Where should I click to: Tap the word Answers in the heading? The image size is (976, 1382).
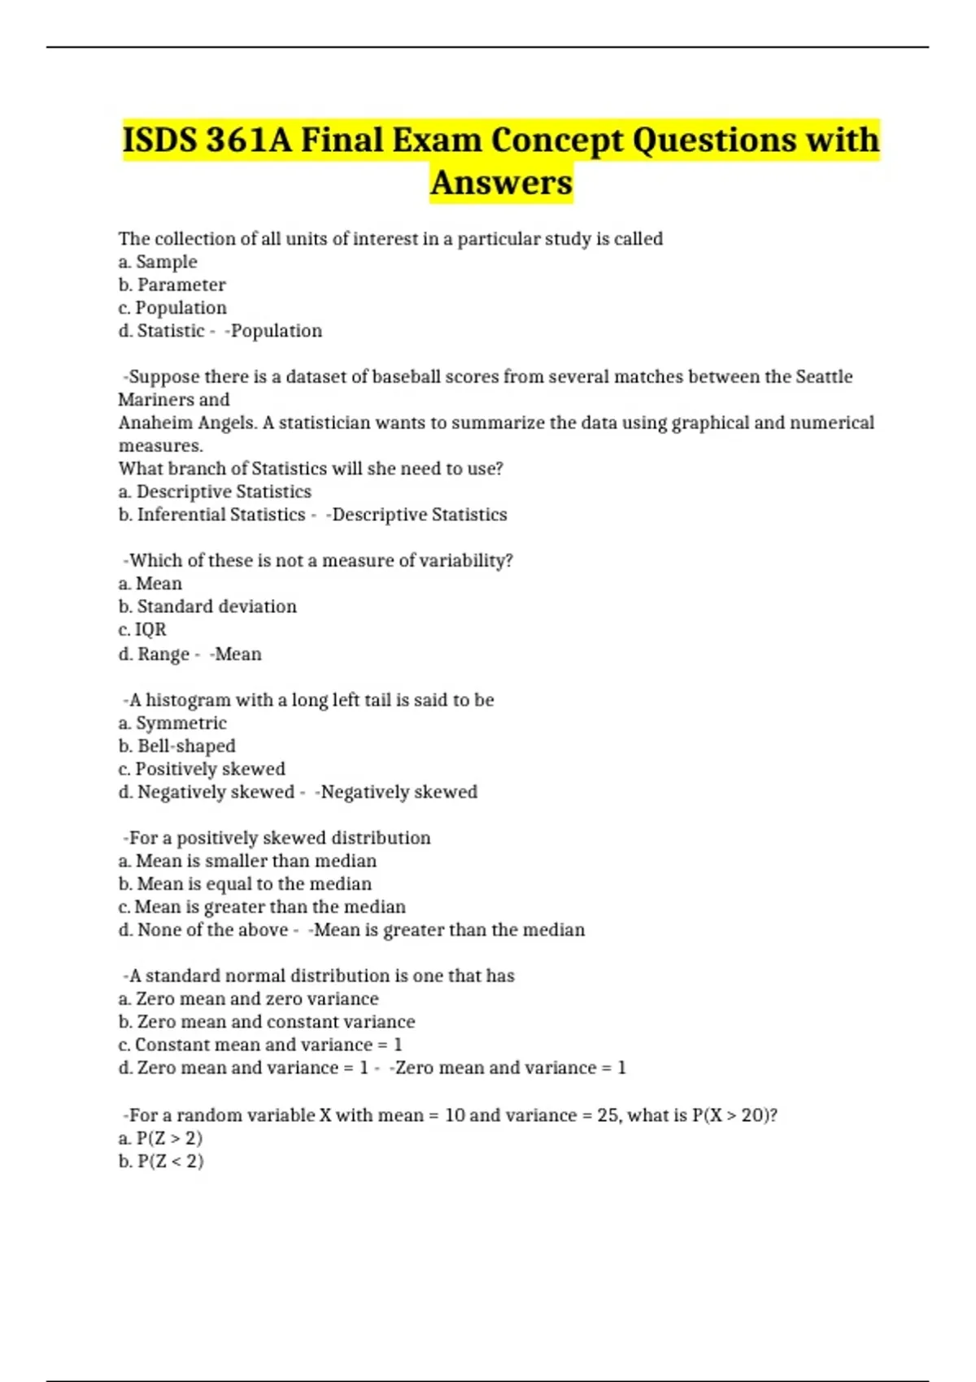(501, 182)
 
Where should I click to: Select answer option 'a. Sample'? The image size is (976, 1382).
(158, 262)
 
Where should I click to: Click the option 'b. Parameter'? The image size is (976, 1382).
(172, 285)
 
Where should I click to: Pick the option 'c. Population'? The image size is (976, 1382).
(172, 308)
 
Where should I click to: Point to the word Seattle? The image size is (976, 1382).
(823, 376)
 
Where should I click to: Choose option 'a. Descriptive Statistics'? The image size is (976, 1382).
(215, 492)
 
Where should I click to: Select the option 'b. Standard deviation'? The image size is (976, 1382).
(207, 606)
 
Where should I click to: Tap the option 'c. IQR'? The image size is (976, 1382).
(142, 629)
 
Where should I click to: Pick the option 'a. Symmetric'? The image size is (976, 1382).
(172, 724)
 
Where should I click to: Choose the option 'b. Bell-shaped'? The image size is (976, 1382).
(176, 746)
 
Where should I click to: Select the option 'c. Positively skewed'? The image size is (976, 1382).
(202, 769)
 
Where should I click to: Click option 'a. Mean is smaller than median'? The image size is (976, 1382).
(247, 861)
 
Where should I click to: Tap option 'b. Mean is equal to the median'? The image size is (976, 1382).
(245, 884)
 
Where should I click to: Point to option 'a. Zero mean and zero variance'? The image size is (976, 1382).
(248, 999)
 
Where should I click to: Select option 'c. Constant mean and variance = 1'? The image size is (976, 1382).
(260, 1045)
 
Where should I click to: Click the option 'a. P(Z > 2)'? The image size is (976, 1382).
(160, 1138)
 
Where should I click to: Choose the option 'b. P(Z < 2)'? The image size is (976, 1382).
(161, 1161)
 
